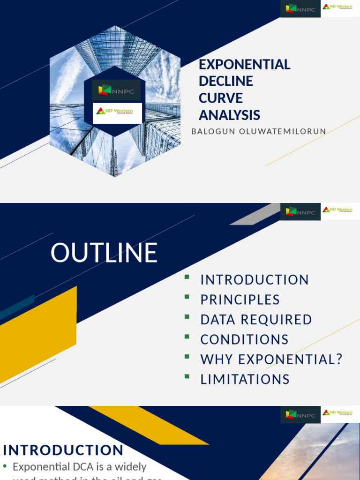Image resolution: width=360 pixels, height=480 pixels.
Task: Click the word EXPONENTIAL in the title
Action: click(x=244, y=65)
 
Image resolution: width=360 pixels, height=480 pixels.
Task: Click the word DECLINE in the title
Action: click(x=225, y=81)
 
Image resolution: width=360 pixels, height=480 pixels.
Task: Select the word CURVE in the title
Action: click(x=220, y=98)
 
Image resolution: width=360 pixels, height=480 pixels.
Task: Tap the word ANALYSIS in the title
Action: click(x=229, y=115)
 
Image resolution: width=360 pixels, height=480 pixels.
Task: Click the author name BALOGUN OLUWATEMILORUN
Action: click(x=258, y=132)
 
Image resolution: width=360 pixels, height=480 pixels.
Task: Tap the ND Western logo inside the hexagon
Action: click(x=115, y=112)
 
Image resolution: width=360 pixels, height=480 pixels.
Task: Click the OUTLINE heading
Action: click(x=104, y=253)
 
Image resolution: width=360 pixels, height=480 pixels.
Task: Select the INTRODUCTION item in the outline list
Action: click(x=255, y=280)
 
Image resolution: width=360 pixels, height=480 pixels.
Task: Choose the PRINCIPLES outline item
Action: click(x=240, y=300)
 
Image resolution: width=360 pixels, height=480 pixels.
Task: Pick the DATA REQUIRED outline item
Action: click(x=256, y=320)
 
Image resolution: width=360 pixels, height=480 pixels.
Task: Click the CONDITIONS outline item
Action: click(x=244, y=339)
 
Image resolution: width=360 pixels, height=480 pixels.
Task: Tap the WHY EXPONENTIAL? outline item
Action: click(x=271, y=360)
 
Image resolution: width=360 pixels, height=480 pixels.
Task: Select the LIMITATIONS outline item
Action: click(x=245, y=379)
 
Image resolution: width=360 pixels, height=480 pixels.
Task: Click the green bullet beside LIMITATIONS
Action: click(x=187, y=376)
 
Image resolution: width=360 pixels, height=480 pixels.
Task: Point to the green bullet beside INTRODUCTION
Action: click(x=187, y=277)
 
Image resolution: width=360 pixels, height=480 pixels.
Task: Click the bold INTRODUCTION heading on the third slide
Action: click(x=63, y=450)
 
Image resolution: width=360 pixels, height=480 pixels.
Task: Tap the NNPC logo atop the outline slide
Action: click(x=300, y=212)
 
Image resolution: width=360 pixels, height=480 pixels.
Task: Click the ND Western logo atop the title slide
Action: click(x=337, y=7)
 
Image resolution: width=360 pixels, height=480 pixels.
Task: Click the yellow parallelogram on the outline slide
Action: click(x=37, y=335)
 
